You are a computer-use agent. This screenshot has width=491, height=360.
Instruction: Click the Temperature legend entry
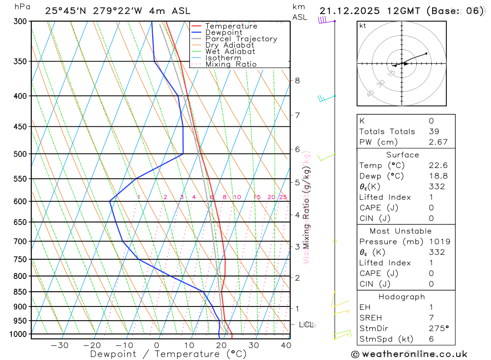(231, 26)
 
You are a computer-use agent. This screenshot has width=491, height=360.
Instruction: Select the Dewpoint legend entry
(224, 32)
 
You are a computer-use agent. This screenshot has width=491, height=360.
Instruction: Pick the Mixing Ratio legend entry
(231, 64)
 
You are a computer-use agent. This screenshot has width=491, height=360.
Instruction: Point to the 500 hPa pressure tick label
(20, 154)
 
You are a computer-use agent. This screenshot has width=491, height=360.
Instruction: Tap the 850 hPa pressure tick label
(20, 292)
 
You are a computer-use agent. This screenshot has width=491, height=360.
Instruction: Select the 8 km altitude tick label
(297, 81)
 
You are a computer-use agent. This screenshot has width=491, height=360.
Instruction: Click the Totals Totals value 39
(433, 131)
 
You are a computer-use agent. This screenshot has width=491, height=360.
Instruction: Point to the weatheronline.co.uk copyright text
(409, 354)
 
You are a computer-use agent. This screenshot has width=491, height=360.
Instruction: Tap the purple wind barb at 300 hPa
(323, 20)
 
